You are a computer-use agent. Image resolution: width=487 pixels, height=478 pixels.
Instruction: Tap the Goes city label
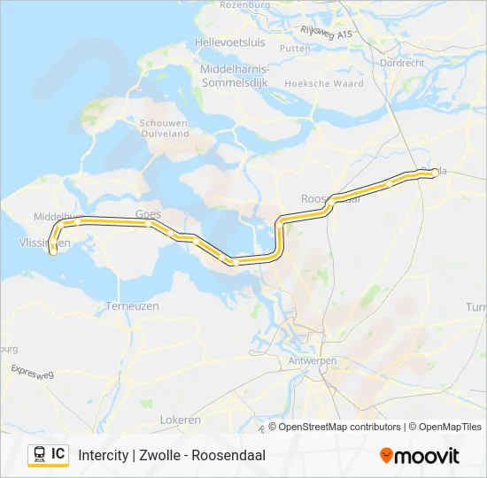(147, 213)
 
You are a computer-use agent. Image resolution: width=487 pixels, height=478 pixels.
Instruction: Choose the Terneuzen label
(132, 305)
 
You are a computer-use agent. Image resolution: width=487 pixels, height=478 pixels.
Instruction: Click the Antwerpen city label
(312, 361)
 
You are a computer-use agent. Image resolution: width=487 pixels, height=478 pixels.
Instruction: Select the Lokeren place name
(180, 420)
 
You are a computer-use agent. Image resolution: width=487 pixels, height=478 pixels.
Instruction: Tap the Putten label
(295, 49)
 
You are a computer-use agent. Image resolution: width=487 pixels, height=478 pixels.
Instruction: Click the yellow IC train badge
(48, 455)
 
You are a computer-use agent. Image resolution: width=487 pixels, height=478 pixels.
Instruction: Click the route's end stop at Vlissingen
(53, 251)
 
